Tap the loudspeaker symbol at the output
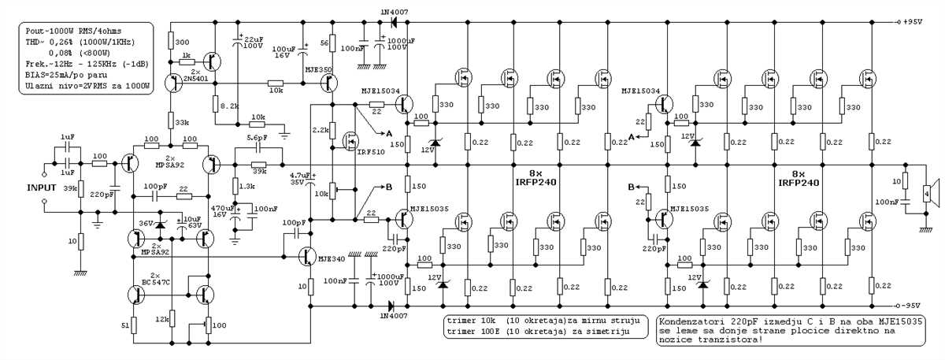click(x=930, y=189)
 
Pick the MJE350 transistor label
click(x=317, y=70)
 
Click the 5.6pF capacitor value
click(x=257, y=138)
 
